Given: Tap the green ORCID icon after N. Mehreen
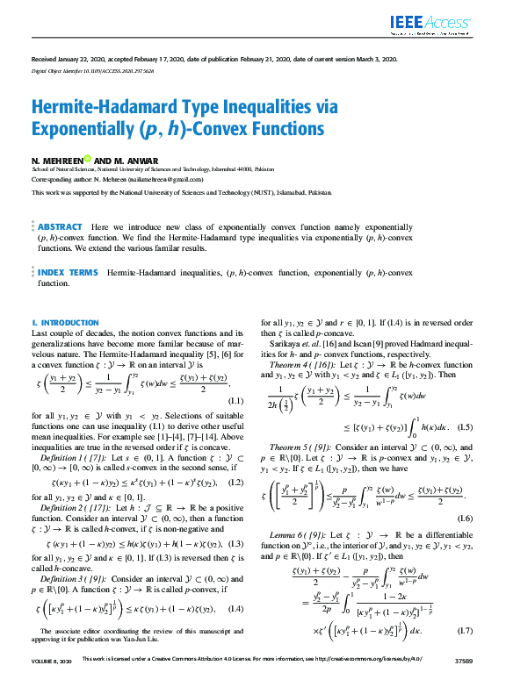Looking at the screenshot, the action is [x=88, y=159].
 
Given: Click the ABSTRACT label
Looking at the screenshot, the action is [x=61, y=226].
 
